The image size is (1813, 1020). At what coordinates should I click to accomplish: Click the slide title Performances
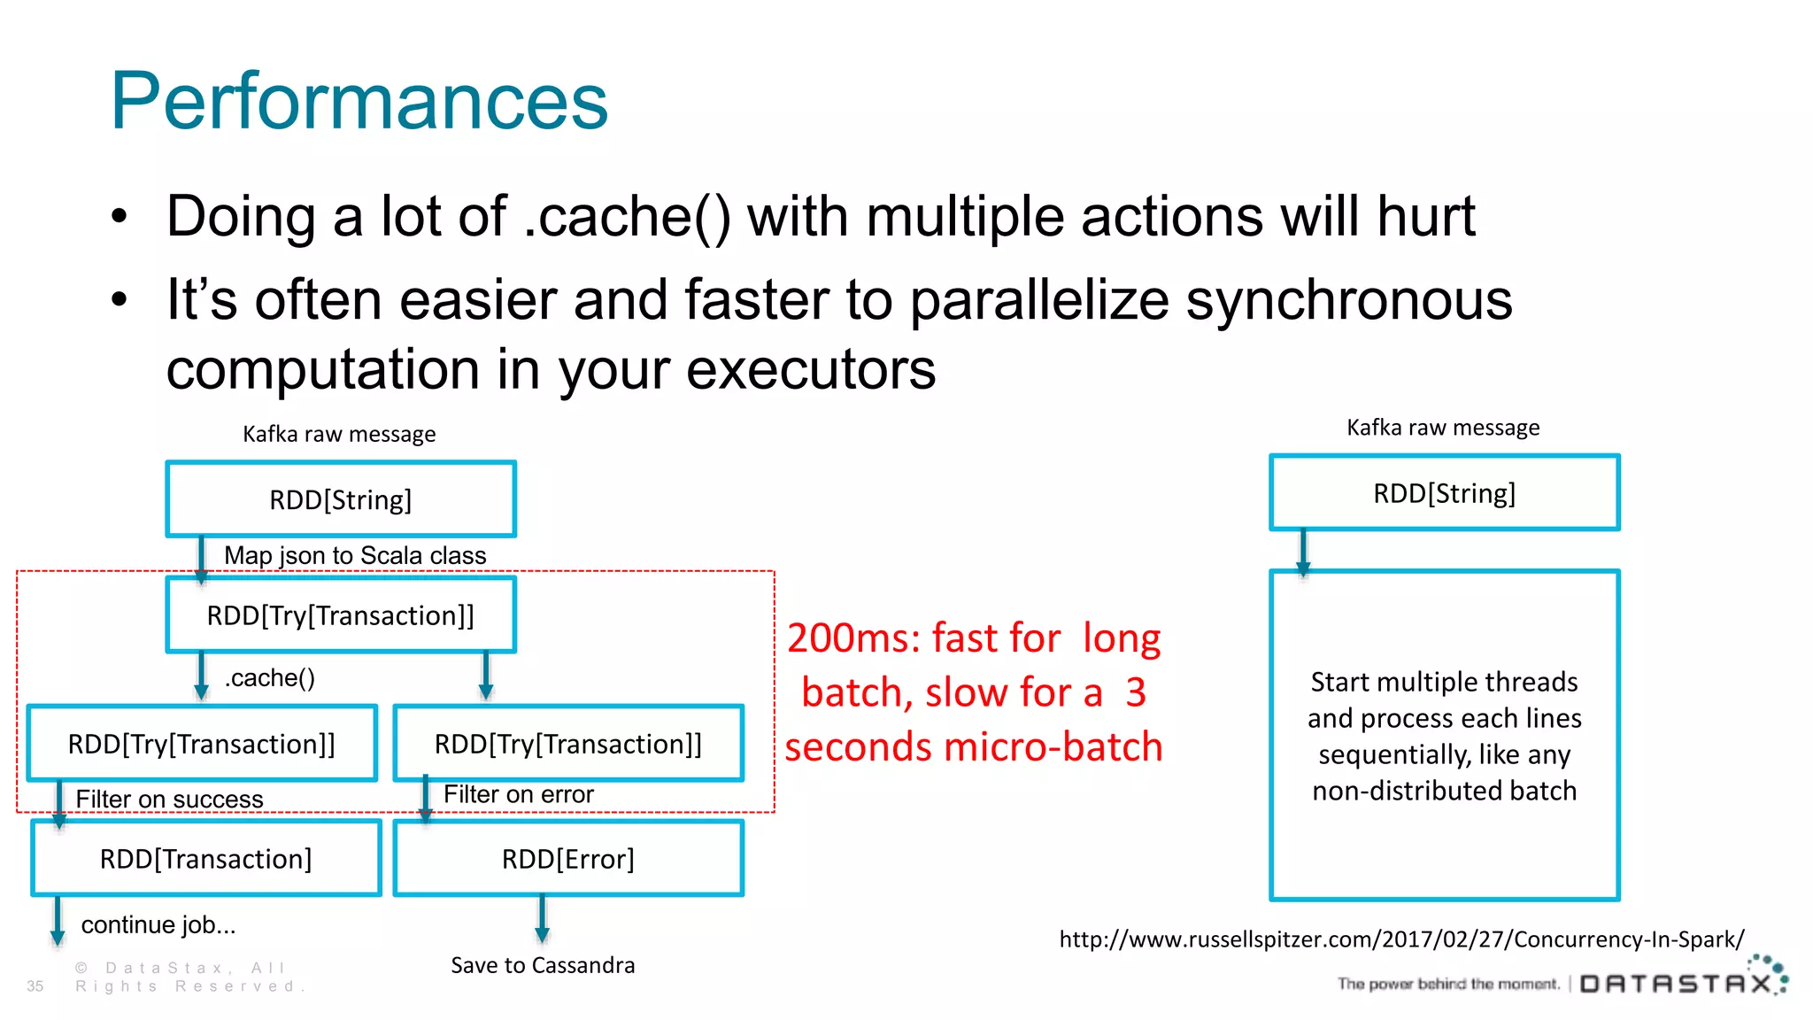click(359, 101)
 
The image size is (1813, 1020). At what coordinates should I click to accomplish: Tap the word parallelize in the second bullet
click(1039, 300)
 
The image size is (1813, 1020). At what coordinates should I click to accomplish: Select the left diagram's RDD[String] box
click(341, 499)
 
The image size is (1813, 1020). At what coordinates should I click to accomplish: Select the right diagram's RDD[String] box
click(1444, 493)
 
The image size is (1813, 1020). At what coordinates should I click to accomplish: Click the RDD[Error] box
click(567, 859)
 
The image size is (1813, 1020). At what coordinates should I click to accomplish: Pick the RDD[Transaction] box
click(205, 859)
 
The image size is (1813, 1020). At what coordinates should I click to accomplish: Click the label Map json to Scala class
click(355, 555)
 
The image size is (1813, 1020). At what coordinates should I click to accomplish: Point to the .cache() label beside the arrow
click(269, 678)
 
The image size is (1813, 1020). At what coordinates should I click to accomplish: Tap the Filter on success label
click(169, 799)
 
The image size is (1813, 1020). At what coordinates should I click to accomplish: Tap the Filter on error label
click(518, 794)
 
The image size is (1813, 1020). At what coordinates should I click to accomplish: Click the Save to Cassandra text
click(543, 965)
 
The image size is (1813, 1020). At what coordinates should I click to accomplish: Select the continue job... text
click(158, 924)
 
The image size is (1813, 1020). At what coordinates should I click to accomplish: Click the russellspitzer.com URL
click(1401, 939)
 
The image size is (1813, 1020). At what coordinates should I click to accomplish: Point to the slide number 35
click(35, 985)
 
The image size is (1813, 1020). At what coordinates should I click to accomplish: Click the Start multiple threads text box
click(1444, 736)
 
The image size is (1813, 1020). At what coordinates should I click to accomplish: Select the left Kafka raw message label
click(339, 434)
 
